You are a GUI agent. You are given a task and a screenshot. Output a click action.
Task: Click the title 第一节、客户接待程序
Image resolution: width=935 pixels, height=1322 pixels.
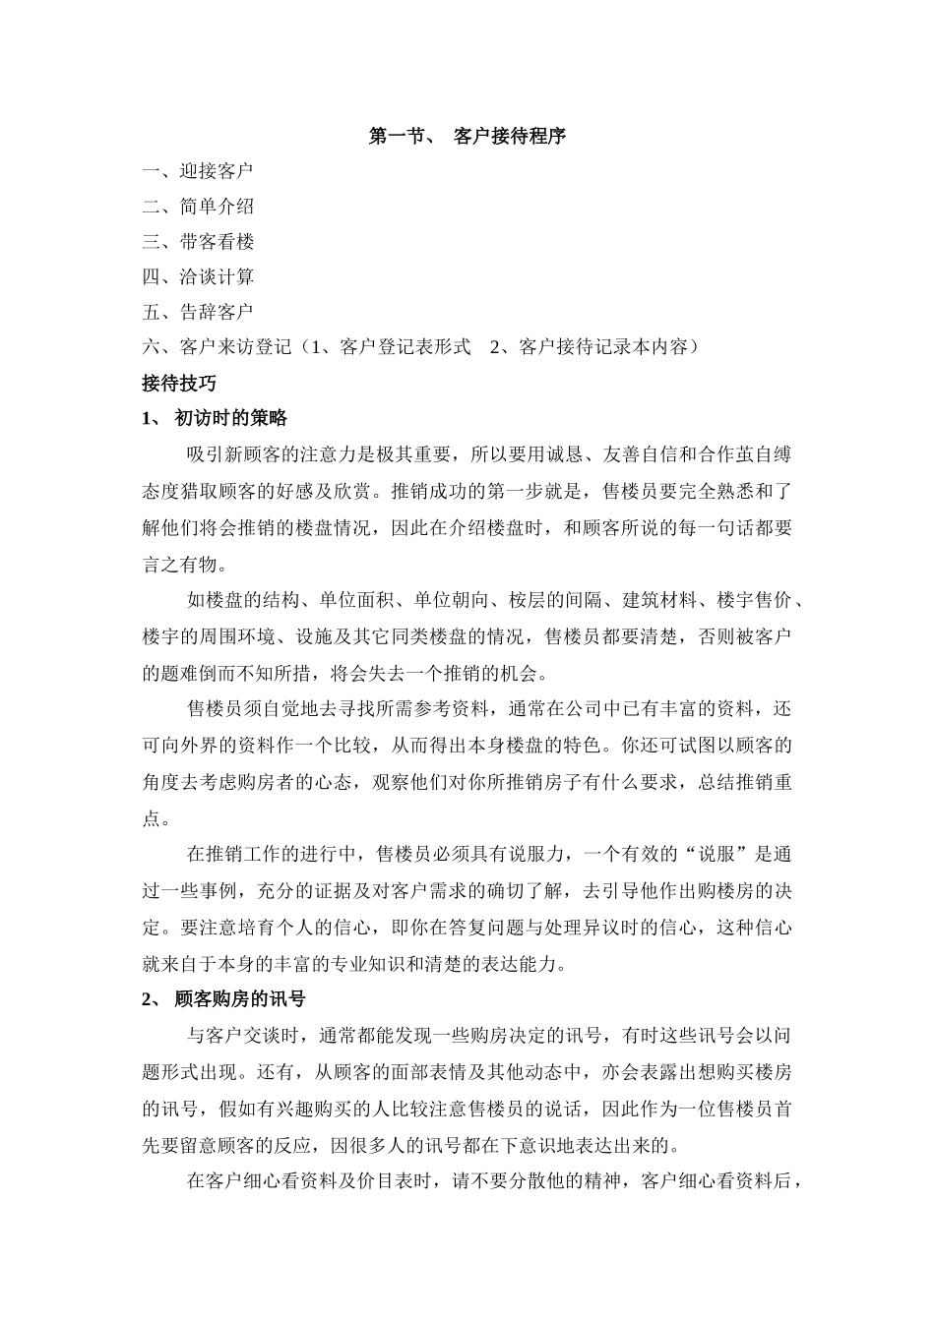(467, 136)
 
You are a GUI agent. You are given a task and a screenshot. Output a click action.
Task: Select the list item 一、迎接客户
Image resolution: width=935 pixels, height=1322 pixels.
(197, 171)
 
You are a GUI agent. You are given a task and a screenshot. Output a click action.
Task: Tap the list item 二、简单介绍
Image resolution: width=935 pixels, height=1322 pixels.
(197, 207)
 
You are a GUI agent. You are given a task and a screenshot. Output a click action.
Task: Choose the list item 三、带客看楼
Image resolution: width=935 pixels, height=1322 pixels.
(197, 242)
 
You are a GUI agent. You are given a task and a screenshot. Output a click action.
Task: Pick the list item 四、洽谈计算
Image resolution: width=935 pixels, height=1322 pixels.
(197, 277)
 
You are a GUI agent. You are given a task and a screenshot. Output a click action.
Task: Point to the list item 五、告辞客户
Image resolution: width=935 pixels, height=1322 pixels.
(197, 313)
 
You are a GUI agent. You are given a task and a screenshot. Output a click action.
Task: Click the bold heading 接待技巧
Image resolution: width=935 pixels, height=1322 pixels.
(178, 383)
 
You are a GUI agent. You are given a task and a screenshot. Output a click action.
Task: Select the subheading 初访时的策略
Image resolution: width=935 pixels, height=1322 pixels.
(230, 418)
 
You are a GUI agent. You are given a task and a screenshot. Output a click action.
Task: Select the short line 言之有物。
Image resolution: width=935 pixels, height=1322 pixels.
(184, 565)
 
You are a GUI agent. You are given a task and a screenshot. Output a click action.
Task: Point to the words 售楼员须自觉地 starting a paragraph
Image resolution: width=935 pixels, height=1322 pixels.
(253, 709)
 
